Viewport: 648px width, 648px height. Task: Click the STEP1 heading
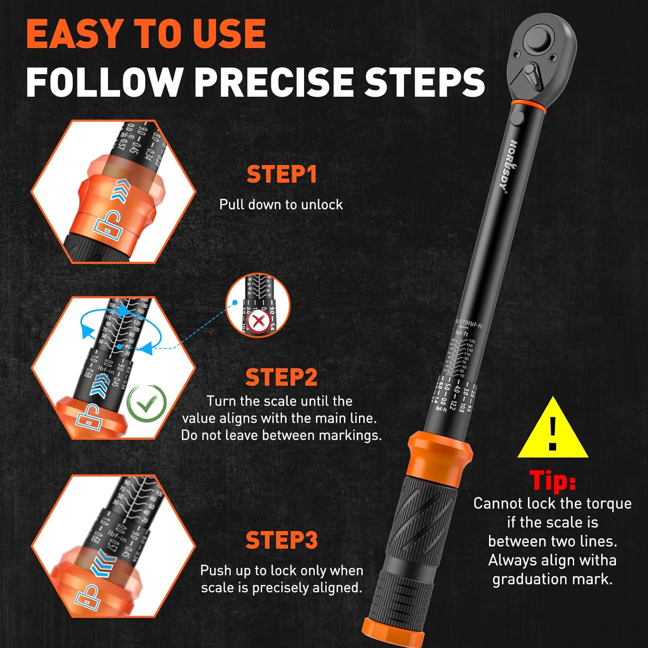click(282, 175)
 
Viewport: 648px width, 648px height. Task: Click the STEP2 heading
click(282, 377)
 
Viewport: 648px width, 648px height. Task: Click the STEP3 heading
click(282, 540)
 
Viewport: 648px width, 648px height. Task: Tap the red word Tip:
click(553, 480)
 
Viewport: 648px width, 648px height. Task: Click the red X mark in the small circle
click(259, 321)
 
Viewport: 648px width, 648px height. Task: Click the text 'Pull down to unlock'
click(281, 204)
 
